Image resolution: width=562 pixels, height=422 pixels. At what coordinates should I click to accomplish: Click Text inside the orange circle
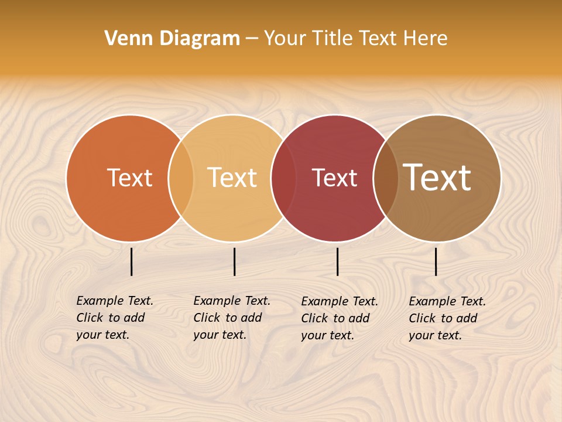point(129,178)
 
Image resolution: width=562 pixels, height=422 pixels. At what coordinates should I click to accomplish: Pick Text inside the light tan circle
point(232,178)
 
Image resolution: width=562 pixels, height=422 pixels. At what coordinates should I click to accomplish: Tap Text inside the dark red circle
point(334,178)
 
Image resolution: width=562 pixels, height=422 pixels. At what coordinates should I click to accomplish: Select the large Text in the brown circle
point(437,178)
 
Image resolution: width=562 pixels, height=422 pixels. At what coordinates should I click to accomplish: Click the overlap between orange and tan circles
point(181,178)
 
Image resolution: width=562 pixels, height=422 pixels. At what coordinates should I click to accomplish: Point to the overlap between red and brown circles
point(386,178)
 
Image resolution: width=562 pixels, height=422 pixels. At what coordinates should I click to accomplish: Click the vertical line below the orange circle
point(132,261)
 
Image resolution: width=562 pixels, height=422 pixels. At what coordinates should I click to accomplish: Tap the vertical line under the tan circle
point(234,261)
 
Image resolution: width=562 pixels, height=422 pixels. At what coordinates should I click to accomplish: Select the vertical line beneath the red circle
point(338,261)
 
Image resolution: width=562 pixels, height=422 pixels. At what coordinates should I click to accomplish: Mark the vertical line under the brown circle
point(436,261)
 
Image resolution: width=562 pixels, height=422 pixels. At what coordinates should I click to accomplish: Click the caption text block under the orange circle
point(114,318)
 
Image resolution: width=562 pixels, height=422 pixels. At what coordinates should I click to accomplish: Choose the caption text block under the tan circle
point(231,318)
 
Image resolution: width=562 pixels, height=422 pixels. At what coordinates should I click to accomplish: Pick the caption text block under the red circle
point(339,318)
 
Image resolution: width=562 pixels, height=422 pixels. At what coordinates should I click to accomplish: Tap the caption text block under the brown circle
point(447,318)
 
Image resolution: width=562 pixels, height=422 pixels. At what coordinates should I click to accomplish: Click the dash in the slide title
point(252,39)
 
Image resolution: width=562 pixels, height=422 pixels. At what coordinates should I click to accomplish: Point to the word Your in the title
point(285,39)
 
